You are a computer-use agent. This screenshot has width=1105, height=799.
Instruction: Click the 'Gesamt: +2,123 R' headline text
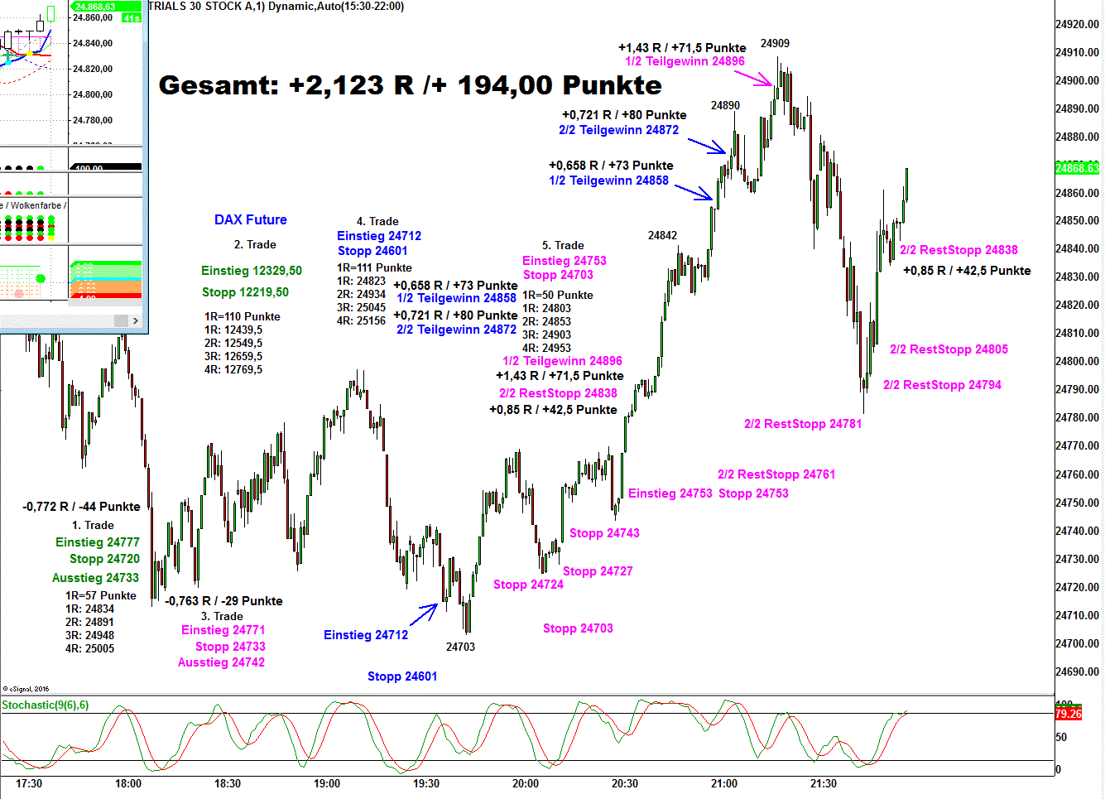[x=410, y=85]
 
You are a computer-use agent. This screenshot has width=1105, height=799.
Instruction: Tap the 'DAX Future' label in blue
[x=250, y=219]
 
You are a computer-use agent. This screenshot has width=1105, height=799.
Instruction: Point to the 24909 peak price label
[x=775, y=43]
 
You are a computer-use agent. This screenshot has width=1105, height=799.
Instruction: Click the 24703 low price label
[x=460, y=647]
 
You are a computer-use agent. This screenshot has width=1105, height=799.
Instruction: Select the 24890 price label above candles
[x=725, y=105]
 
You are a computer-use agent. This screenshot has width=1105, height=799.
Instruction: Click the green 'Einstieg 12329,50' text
[x=252, y=271]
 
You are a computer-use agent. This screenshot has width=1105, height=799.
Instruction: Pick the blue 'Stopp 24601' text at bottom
[x=402, y=676]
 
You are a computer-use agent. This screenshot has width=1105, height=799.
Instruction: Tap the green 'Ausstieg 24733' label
[x=95, y=578]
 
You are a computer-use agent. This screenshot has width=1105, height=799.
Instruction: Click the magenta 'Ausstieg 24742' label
[x=221, y=662]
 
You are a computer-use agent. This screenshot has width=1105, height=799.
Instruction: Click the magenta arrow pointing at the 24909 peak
[x=753, y=78]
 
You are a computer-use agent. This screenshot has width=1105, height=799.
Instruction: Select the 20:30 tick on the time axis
[x=625, y=783]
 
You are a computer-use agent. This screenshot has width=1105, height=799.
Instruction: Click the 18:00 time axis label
[x=128, y=783]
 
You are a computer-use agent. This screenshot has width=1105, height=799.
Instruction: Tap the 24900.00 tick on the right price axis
[x=1078, y=80]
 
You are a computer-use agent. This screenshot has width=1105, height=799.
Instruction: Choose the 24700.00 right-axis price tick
[x=1078, y=643]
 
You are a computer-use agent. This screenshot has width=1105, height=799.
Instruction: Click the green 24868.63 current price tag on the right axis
[x=1078, y=168]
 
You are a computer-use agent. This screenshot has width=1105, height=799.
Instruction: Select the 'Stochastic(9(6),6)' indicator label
[x=46, y=705]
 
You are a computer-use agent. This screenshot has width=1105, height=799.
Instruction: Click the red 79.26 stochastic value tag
[x=1069, y=714]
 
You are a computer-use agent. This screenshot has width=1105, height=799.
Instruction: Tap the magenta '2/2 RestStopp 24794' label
[x=942, y=385]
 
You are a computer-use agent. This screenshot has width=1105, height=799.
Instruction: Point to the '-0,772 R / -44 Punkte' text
[x=81, y=507]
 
